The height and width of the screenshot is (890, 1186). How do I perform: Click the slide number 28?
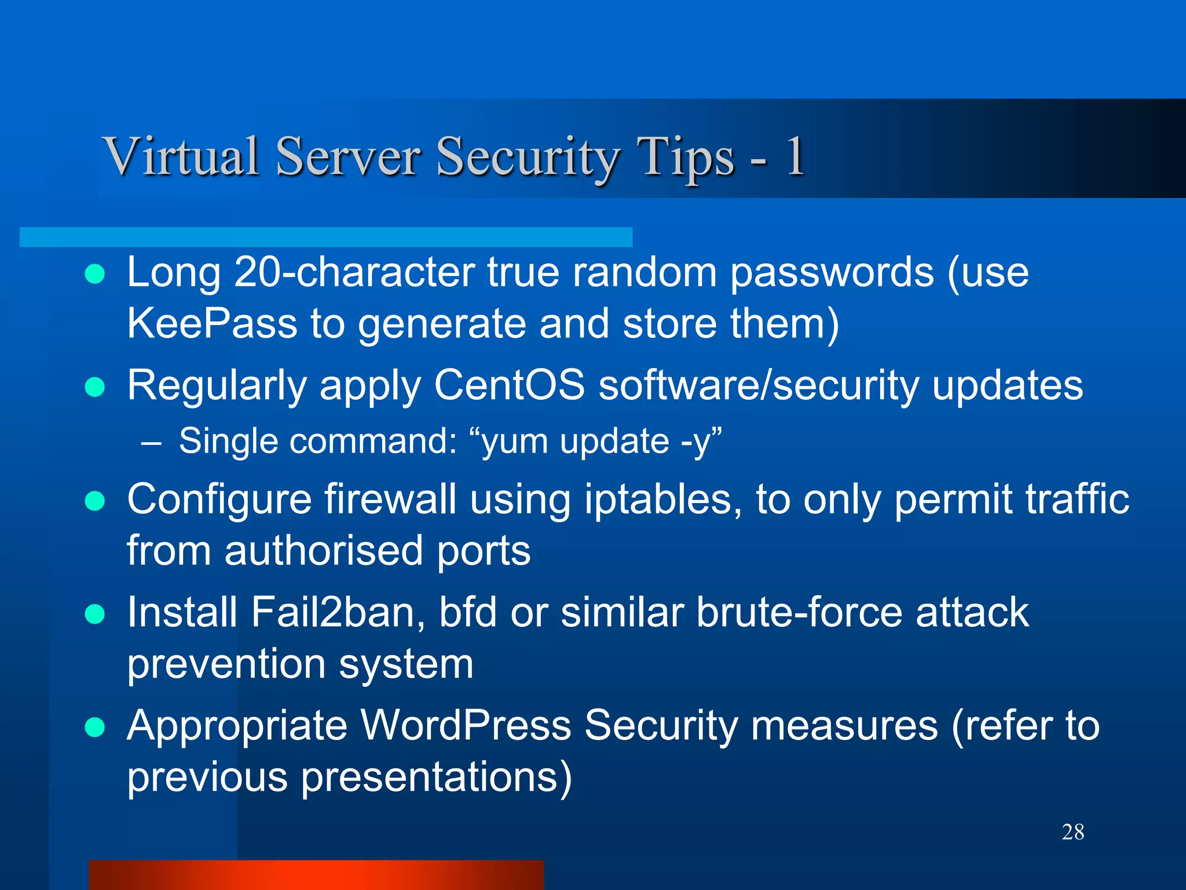1072,832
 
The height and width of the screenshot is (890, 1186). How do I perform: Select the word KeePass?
212,323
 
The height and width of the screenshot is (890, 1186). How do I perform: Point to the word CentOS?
509,385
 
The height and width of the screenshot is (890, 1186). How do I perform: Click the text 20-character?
354,272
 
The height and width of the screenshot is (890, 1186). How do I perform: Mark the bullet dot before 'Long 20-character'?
94,273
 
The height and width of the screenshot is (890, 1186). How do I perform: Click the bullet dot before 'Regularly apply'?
94,386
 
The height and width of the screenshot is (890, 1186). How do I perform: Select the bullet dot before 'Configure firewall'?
94,501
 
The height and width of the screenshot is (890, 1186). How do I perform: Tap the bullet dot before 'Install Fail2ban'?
94,614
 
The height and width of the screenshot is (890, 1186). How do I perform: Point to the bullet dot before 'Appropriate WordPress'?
94,727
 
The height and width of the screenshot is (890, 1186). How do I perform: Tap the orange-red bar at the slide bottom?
316,875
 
